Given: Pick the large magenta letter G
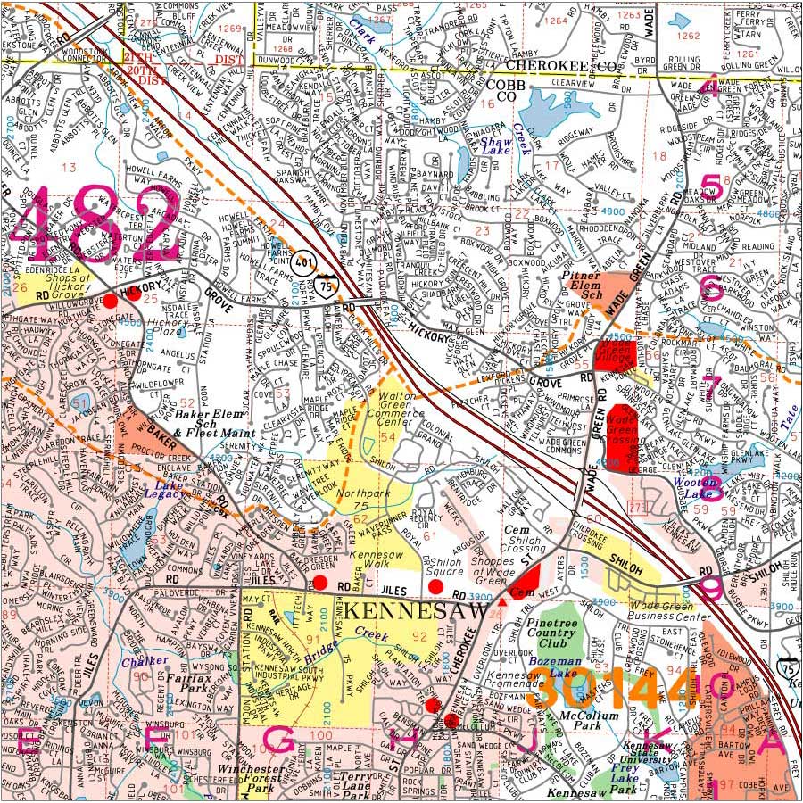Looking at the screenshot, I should point(280,740).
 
